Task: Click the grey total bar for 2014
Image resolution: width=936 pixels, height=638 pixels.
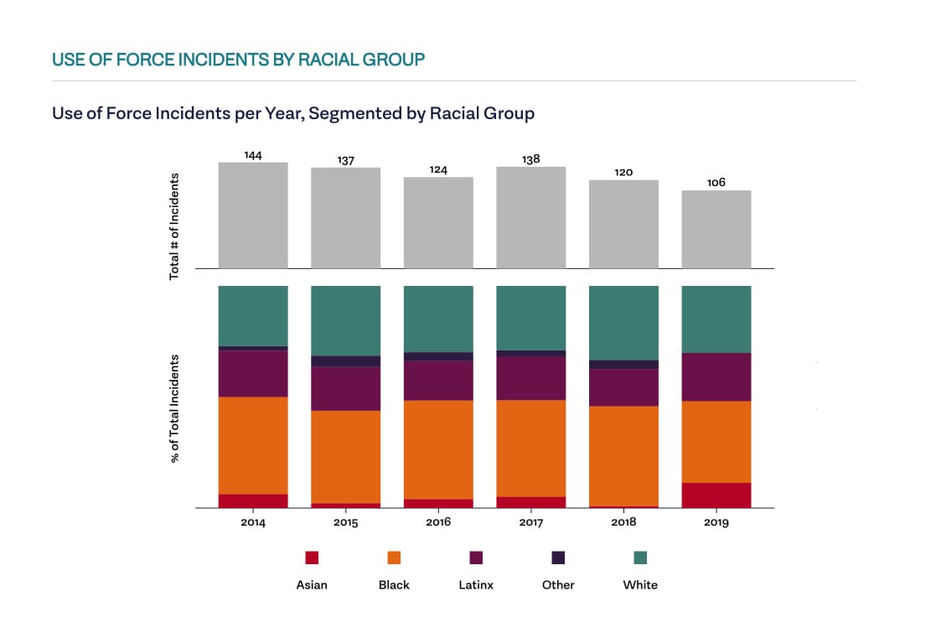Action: tap(253, 215)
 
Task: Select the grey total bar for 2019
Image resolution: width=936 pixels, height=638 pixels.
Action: tap(716, 229)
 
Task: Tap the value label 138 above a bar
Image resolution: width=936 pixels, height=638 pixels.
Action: tap(530, 159)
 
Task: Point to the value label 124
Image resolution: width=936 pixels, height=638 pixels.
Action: tap(438, 170)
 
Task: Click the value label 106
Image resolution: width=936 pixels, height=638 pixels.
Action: tap(716, 183)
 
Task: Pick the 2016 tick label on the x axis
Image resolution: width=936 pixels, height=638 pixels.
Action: tap(438, 522)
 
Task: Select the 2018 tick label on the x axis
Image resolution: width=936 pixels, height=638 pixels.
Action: tap(623, 522)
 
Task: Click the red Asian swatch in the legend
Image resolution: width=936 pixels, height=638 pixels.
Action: tap(312, 558)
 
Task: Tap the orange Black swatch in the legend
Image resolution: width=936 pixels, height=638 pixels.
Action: tap(394, 558)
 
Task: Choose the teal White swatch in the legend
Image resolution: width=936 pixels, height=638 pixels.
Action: tap(640, 558)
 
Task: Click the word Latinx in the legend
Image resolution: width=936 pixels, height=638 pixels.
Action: tap(476, 585)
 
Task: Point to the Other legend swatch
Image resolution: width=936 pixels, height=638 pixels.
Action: tap(558, 558)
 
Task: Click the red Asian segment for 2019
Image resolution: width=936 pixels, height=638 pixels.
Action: tap(716, 495)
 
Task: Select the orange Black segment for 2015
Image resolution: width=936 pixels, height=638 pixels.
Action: tap(346, 457)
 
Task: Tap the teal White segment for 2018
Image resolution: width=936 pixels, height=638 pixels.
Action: tap(623, 323)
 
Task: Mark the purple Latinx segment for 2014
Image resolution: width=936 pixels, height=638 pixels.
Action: tap(253, 373)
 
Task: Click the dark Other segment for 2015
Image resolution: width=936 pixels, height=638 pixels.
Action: tap(346, 361)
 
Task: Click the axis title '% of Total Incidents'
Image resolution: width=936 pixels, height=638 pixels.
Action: tap(175, 408)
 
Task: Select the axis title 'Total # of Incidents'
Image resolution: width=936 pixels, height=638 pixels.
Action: tap(175, 226)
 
